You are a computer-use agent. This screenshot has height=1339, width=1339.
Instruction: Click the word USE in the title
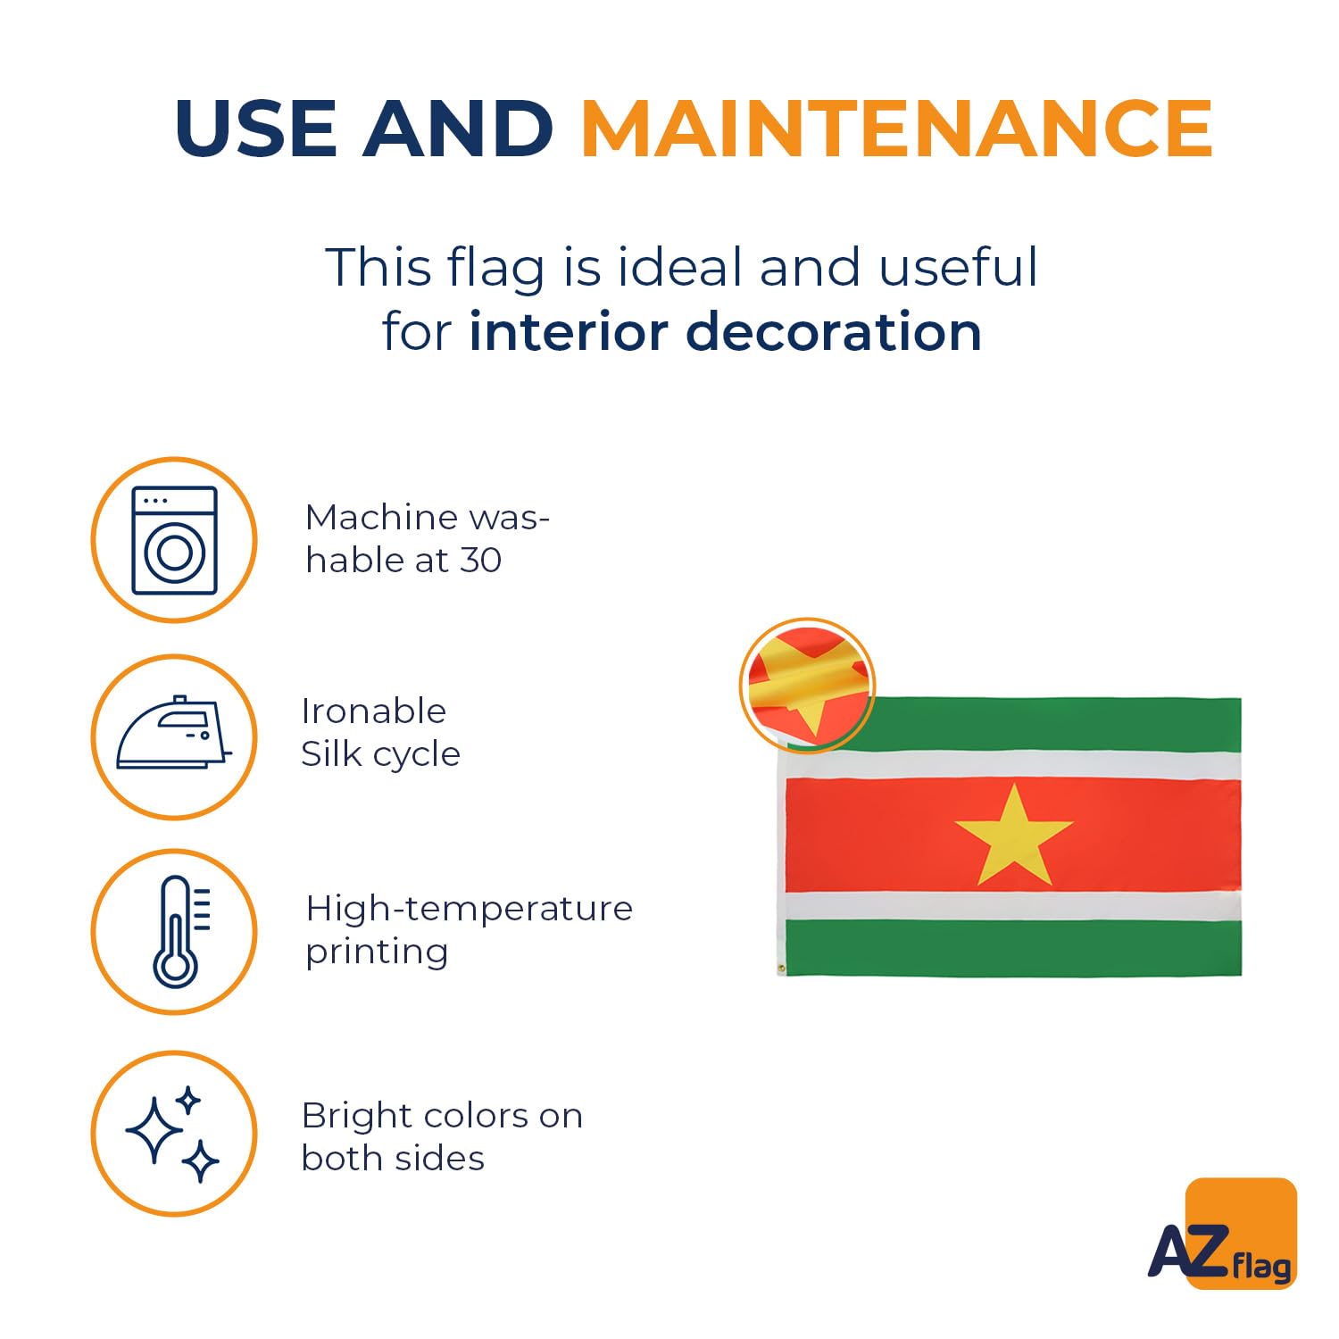259,128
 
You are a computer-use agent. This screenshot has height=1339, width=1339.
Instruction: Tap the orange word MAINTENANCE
897,128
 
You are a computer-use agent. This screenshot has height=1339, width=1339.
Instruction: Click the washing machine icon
174,540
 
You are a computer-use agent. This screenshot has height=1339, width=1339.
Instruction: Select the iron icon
174,732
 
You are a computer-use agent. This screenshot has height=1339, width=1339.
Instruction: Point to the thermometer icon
181,931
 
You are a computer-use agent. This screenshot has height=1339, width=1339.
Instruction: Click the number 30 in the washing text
481,561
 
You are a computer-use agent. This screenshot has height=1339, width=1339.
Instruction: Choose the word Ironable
373,711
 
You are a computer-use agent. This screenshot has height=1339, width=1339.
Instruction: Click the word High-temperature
469,910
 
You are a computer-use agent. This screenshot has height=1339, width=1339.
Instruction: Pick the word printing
377,952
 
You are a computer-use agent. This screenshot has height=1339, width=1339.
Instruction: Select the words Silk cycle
380,754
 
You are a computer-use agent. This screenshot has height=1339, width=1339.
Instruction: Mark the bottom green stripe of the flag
1013,948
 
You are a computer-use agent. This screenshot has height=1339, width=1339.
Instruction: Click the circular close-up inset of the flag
807,685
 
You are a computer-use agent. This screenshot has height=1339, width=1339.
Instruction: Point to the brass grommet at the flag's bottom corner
782,969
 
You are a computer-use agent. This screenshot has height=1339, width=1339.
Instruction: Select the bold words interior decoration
725,331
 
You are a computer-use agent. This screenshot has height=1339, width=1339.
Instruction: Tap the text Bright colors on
442,1116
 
